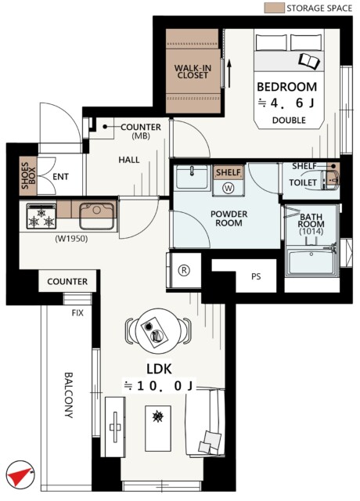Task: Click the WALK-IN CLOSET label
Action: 193,71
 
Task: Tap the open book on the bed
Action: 309,60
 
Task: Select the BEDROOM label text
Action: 287,87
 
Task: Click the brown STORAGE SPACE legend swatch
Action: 274,8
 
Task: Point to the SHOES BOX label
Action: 28,175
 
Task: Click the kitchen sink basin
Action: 96,215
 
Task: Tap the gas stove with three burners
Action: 41,216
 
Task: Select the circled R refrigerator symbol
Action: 184,270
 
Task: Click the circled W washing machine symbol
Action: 229,188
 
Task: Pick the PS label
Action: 256,276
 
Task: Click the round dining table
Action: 158,330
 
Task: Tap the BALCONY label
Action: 69,395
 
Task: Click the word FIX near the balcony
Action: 77,313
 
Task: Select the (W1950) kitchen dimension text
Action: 71,238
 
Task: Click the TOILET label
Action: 303,182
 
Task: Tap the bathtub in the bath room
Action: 311,263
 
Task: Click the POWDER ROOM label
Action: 229,218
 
